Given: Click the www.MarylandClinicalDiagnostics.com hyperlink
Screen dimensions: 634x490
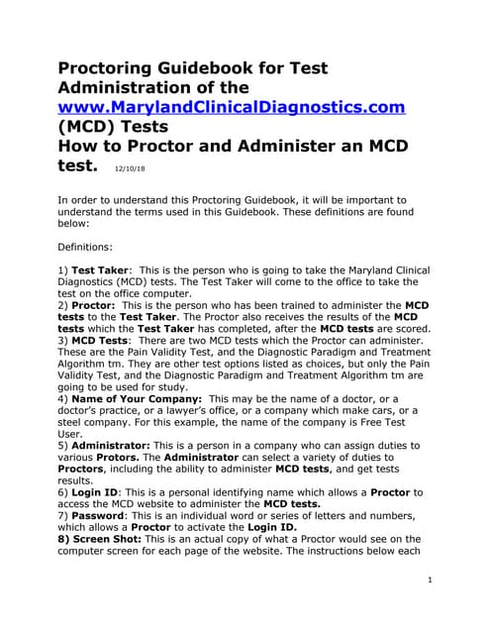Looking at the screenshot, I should coord(232,106).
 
